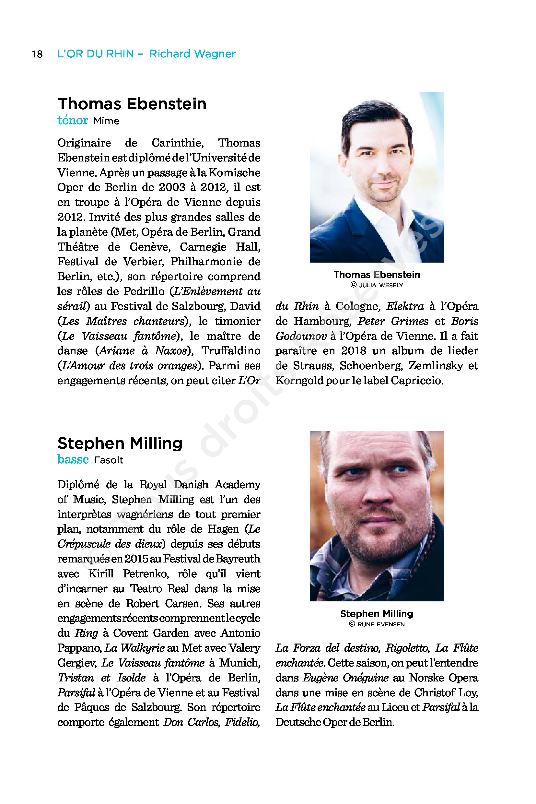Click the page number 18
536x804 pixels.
(37, 54)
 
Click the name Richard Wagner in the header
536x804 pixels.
(192, 54)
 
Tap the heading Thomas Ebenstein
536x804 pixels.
(132, 104)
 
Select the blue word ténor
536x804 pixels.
(73, 120)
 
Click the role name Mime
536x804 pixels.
(106, 121)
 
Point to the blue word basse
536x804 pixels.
(73, 459)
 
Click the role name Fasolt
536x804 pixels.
(109, 460)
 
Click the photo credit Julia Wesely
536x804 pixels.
(381, 285)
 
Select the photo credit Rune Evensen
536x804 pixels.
(381, 624)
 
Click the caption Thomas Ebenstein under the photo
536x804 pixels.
(377, 275)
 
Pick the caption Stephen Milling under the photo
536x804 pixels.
(377, 613)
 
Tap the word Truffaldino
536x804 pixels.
(231, 350)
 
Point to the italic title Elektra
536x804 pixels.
(405, 306)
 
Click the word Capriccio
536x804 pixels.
(417, 380)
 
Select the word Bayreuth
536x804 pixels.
(238, 559)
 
